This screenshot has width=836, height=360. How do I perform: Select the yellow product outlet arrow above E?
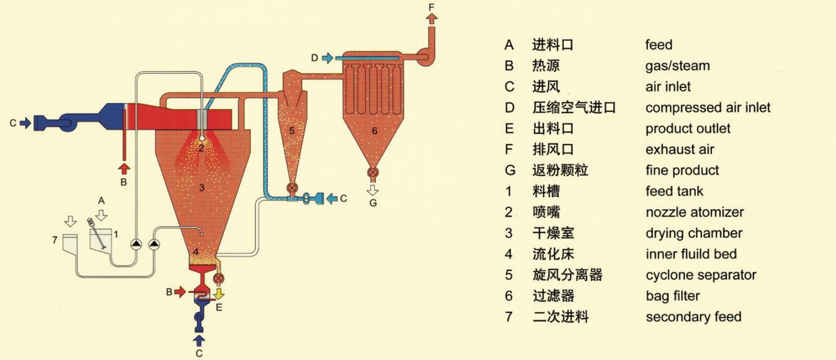click(x=219, y=292)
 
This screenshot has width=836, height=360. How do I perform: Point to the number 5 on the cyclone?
click(x=291, y=131)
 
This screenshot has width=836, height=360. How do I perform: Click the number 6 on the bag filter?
click(x=374, y=131)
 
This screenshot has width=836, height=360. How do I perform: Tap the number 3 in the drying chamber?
click(x=202, y=187)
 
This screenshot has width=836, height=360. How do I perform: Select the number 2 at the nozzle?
click(x=201, y=148)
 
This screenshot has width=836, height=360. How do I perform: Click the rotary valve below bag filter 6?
click(x=373, y=173)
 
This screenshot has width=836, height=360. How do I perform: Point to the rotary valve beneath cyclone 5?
click(x=291, y=187)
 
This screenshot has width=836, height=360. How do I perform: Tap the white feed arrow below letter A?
click(x=102, y=214)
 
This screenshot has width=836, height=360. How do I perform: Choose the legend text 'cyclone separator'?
click(x=700, y=275)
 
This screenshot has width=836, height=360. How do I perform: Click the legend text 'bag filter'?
click(x=672, y=296)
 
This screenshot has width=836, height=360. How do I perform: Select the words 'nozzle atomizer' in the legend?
click(x=694, y=213)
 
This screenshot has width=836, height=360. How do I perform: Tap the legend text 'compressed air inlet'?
click(x=708, y=108)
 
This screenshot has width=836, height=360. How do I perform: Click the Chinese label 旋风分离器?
click(x=567, y=275)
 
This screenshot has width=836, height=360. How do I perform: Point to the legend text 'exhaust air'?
click(x=679, y=150)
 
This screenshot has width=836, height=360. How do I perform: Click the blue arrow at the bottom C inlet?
click(x=199, y=339)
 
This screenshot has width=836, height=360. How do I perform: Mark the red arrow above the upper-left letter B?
click(x=124, y=168)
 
